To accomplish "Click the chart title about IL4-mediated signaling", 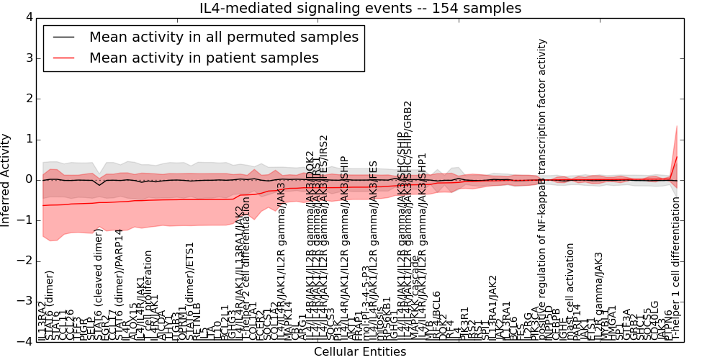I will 360,8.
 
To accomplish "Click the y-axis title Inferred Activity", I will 6,179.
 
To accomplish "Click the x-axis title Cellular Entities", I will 360,352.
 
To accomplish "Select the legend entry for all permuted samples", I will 222,37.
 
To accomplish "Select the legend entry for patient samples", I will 204,58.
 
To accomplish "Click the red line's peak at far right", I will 677,156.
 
